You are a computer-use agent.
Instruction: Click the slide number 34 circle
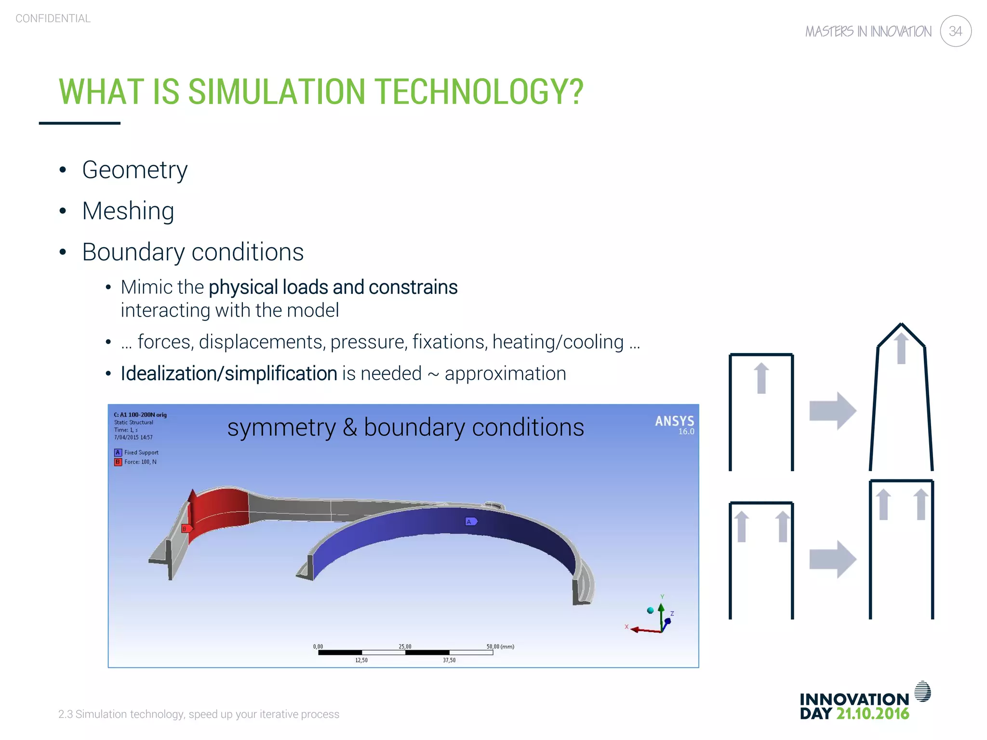pyautogui.click(x=955, y=31)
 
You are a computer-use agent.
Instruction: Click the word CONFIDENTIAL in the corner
pyautogui.click(x=53, y=19)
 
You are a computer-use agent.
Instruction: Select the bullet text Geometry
pyautogui.click(x=134, y=170)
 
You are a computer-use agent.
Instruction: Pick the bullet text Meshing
pyautogui.click(x=128, y=211)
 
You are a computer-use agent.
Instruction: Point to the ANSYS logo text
pyautogui.click(x=674, y=422)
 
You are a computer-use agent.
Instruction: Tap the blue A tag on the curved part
pyautogui.click(x=471, y=521)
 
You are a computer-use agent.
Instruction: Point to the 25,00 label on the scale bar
pyautogui.click(x=405, y=647)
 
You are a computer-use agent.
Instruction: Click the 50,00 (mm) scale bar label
pyautogui.click(x=500, y=647)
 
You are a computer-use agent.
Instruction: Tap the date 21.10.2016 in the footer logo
pyautogui.click(x=872, y=714)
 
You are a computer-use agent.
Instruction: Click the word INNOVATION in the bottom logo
pyautogui.click(x=854, y=699)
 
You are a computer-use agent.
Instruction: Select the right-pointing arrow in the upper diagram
pyautogui.click(x=832, y=411)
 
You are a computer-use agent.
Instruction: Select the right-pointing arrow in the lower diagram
pyautogui.click(x=832, y=559)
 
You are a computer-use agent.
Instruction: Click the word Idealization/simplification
pyautogui.click(x=228, y=374)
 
